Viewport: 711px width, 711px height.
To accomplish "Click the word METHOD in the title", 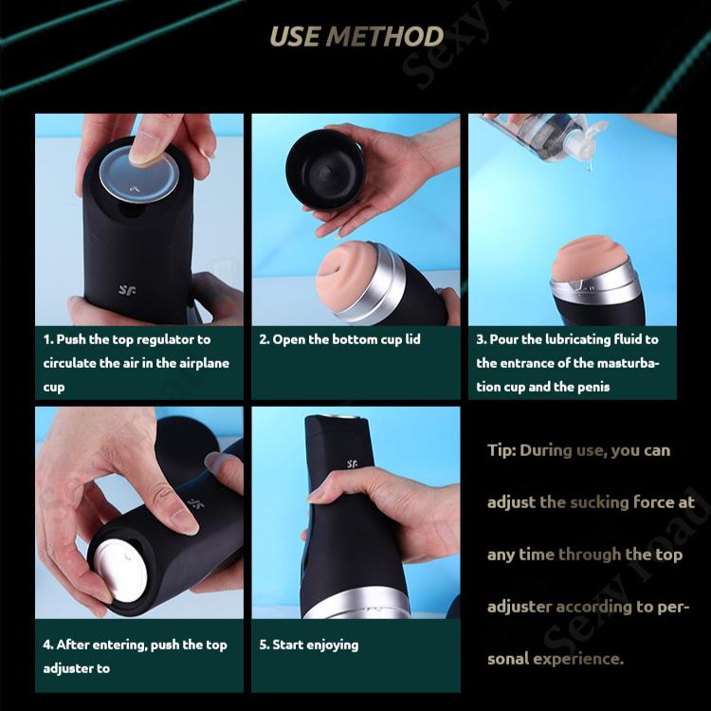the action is [385, 36].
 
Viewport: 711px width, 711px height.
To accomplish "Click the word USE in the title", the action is [294, 36].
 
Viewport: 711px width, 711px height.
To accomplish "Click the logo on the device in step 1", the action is [127, 289].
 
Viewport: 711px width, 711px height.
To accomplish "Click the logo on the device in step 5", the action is [352, 464].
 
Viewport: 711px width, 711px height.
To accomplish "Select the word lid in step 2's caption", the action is [412, 338].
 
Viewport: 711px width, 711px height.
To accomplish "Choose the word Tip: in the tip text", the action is [501, 450].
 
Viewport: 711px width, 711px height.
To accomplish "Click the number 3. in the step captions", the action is [481, 339].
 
